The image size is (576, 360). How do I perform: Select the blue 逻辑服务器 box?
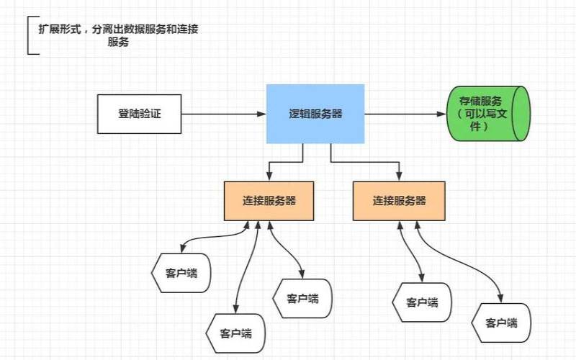tap(315, 114)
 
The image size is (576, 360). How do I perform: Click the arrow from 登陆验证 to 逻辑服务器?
tap(223, 114)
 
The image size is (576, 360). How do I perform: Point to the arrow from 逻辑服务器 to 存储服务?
tap(403, 114)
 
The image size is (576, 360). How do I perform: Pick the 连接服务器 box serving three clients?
tap(269, 201)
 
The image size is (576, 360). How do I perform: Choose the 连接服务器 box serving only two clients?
tap(399, 200)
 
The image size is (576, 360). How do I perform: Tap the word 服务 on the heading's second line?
tap(118, 42)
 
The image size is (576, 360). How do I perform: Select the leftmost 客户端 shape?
tap(181, 273)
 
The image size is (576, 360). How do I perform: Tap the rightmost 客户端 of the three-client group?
tap(302, 298)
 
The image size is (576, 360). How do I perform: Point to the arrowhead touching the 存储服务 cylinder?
tap(442, 114)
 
